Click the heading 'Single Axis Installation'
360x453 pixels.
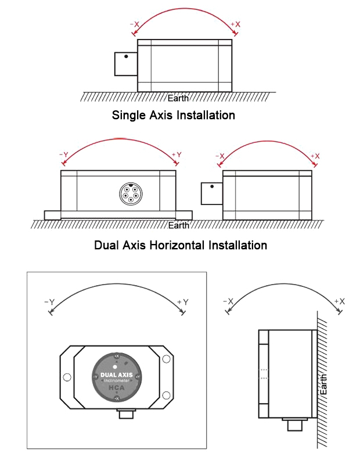tap(173, 115)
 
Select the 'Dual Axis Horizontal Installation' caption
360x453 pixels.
tap(180, 245)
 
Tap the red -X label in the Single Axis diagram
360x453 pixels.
tap(135, 24)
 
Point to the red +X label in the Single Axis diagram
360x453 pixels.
tap(235, 24)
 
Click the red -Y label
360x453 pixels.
tap(63, 154)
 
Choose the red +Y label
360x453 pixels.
tap(177, 154)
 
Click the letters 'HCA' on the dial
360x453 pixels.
tap(116, 390)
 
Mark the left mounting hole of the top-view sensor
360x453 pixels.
tap(67, 378)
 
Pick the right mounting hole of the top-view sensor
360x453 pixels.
tap(165, 378)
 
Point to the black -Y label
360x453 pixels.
tap(49, 302)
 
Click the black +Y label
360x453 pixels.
tap(183, 302)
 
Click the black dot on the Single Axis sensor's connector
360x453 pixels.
tap(126, 56)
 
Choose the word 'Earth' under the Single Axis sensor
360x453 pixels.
tap(178, 98)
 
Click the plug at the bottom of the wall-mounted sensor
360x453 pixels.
tap(294, 424)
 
